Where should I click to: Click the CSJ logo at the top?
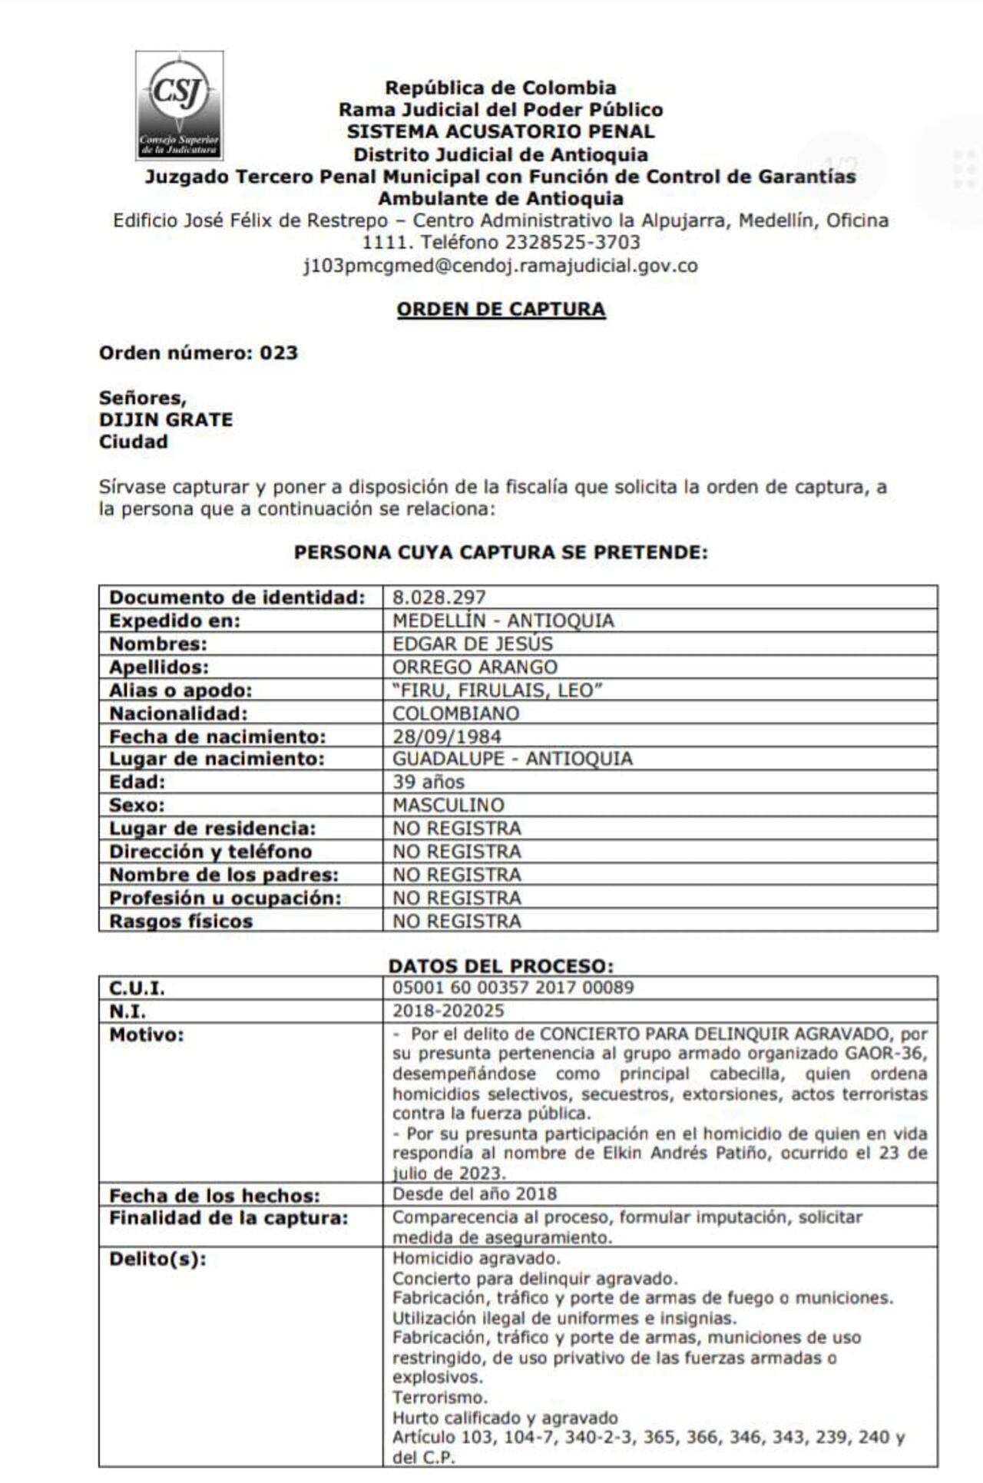click(180, 105)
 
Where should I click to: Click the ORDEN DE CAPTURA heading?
click(501, 309)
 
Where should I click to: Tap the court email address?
click(501, 266)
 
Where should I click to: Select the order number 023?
click(278, 353)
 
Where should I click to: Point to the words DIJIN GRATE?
click(166, 419)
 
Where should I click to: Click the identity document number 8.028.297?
click(439, 598)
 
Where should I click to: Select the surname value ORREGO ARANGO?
click(475, 667)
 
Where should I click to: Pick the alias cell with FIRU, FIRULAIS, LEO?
click(497, 690)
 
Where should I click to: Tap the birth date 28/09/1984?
click(447, 736)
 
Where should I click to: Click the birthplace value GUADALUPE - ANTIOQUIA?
click(512, 759)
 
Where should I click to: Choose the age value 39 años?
click(429, 782)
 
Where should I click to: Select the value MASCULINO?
click(448, 805)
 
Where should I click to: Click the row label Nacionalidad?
click(178, 713)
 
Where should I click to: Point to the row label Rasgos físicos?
click(180, 921)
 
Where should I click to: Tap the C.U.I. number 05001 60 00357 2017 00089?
click(513, 988)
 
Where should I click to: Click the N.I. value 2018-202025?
click(448, 1011)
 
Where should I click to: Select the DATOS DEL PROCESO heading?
click(501, 965)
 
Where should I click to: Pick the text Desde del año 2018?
click(475, 1193)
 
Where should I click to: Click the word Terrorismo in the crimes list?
click(440, 1397)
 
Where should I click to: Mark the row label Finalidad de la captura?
click(228, 1217)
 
